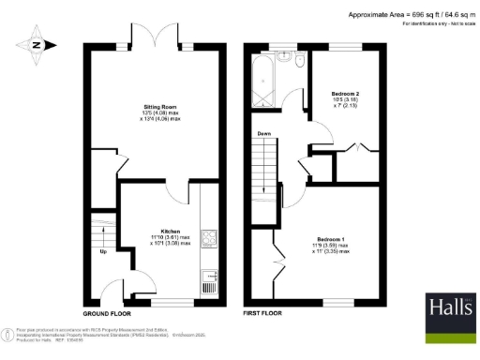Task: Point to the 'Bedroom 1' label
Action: click(331, 240)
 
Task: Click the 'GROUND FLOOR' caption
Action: click(105, 312)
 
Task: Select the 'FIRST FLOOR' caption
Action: click(262, 312)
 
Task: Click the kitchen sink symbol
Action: click(210, 279)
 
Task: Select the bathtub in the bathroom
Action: click(264, 69)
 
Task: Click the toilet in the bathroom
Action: click(299, 59)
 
